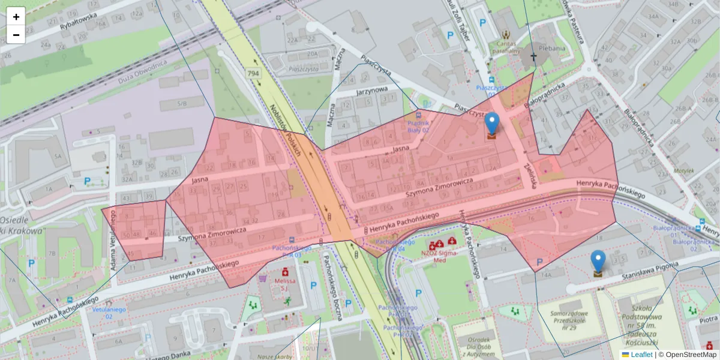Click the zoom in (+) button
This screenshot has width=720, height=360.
pyautogui.click(x=16, y=17)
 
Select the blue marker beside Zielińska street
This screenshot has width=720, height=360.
pyautogui.click(x=492, y=125)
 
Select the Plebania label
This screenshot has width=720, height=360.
pyautogui.click(x=551, y=49)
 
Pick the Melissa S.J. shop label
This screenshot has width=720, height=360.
pyautogui.click(x=286, y=284)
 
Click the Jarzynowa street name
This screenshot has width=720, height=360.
pyautogui.click(x=372, y=92)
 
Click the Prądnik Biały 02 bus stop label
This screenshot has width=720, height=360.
pyautogui.click(x=418, y=125)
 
